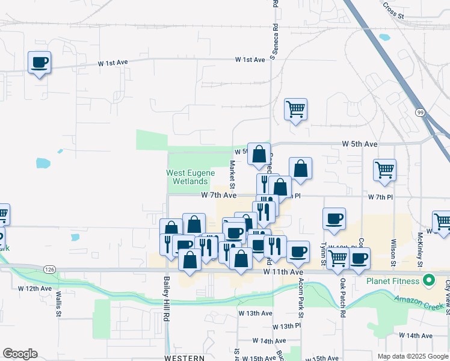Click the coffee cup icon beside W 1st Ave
(x=40, y=62)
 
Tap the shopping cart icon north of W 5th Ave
(x=295, y=110)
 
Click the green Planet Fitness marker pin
(x=429, y=280)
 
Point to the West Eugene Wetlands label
(x=191, y=177)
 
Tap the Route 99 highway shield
(x=421, y=112)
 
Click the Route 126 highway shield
(x=49, y=268)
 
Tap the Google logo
(x=19, y=354)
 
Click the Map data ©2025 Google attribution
(x=413, y=356)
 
